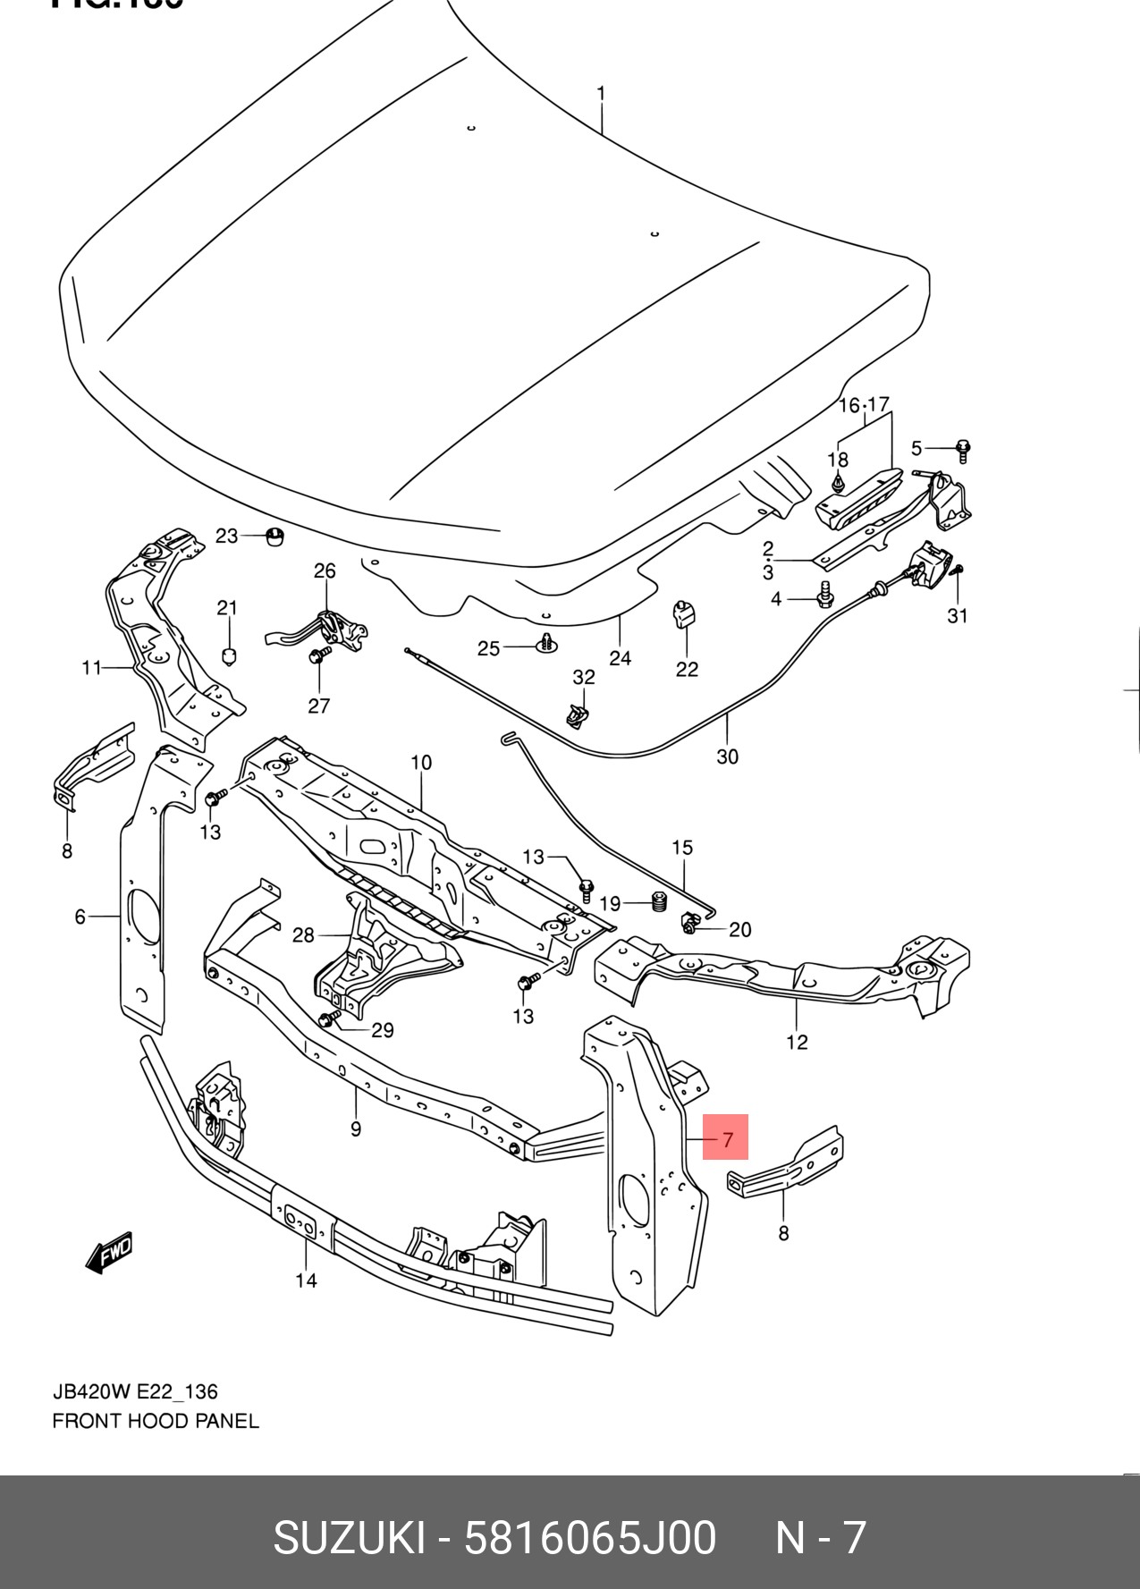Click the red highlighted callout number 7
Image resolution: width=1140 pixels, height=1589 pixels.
click(x=725, y=1137)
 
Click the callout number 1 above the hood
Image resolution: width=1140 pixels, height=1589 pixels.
click(x=602, y=93)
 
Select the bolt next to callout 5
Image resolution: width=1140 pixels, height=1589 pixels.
click(x=963, y=449)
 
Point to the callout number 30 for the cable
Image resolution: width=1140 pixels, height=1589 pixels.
click(x=727, y=756)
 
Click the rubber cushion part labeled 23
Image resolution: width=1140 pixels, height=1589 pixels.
click(x=275, y=536)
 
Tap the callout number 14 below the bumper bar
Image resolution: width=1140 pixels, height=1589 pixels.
click(x=306, y=1280)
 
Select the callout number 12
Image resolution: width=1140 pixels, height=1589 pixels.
click(x=797, y=1042)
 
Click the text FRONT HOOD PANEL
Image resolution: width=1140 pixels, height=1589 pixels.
click(x=156, y=1421)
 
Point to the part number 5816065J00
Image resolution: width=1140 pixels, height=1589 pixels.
click(x=590, y=1538)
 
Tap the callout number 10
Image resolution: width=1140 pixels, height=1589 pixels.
click(x=421, y=763)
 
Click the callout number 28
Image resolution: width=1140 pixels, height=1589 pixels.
click(x=303, y=934)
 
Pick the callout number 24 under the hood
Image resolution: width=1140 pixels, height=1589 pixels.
click(x=620, y=658)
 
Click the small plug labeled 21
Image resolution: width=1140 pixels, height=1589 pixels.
click(x=229, y=655)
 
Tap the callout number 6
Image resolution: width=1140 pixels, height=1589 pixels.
click(x=80, y=917)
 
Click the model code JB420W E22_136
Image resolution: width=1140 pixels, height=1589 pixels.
click(x=135, y=1391)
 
